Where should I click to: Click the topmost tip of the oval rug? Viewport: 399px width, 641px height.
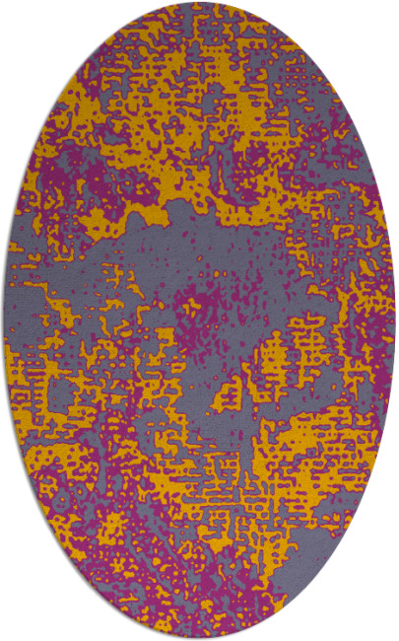pyautogui.click(x=198, y=3)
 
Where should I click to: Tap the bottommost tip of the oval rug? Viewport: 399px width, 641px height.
pyautogui.click(x=198, y=638)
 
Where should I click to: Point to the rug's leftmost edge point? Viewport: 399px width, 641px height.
pyautogui.click(x=3, y=320)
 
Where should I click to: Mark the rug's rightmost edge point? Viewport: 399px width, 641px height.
pyautogui.click(x=395, y=320)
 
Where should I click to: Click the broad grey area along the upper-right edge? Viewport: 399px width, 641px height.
pyautogui.click(x=325, y=138)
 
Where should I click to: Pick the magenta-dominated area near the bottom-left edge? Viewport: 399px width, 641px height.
pyautogui.click(x=89, y=562)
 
